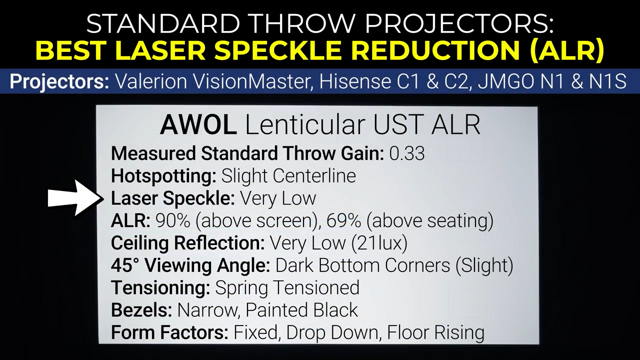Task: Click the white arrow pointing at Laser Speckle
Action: [75, 198]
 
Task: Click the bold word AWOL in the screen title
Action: [198, 125]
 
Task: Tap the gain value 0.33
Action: [407, 153]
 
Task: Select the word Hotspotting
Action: [163, 176]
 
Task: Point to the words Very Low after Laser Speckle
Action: [278, 198]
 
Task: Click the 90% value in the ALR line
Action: [172, 221]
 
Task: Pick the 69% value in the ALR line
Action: [343, 221]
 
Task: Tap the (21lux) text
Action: [379, 243]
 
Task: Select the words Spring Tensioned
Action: [287, 288]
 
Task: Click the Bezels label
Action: [141, 310]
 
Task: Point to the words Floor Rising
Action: [435, 332]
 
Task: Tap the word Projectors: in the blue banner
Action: [59, 81]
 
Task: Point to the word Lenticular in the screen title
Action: [305, 125]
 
